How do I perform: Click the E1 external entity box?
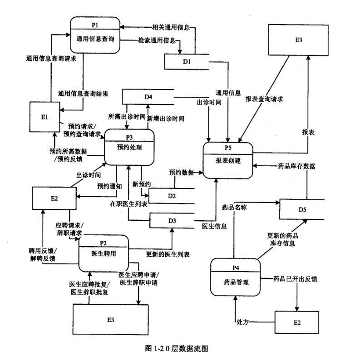[x=44, y=117]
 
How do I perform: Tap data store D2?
[x=172, y=195]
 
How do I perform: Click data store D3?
[x=172, y=220]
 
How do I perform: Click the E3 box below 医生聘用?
[x=111, y=320]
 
